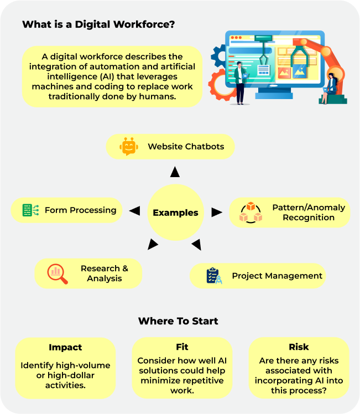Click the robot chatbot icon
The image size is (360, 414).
pos(128,147)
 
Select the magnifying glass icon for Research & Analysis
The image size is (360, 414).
pos(57,273)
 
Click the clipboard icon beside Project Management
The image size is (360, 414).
pos(213,276)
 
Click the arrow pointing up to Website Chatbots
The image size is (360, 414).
pos(175,172)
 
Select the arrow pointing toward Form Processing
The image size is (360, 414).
pos(134,210)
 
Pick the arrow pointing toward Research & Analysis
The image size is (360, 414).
pos(153,244)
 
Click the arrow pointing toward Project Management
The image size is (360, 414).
pos(196,244)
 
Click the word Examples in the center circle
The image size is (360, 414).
pos(175,213)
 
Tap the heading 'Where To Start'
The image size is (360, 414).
pos(178,321)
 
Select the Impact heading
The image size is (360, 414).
pos(65,348)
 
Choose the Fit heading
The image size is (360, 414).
pos(182,347)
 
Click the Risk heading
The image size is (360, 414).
pos(299,347)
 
